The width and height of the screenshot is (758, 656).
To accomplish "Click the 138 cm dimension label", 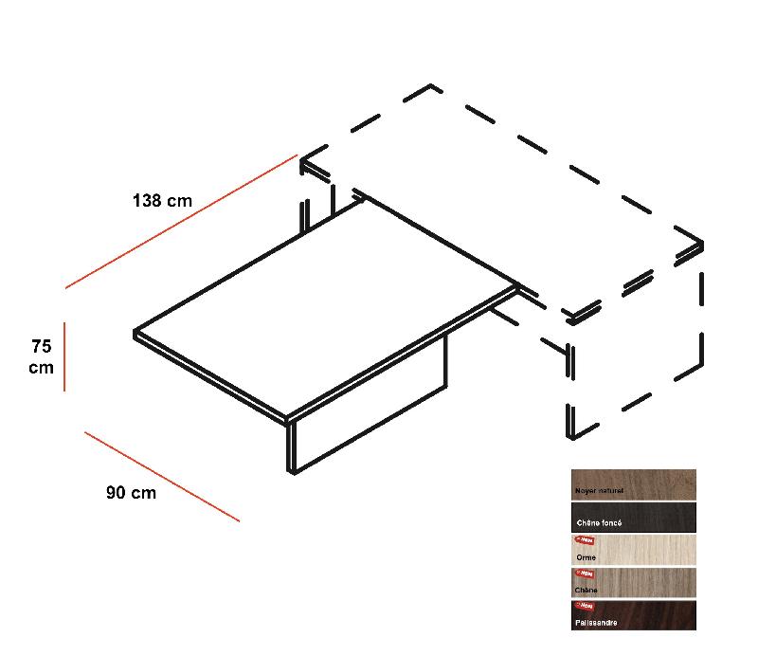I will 162,201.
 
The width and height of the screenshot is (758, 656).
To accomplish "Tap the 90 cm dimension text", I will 131,493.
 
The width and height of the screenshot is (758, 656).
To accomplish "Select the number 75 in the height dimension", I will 41,346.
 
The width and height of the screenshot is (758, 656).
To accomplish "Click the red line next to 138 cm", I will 180,221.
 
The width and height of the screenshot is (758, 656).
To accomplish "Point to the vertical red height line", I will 63,356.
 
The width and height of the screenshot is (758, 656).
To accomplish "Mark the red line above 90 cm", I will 161,476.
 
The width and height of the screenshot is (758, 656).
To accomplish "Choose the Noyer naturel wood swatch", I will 633,483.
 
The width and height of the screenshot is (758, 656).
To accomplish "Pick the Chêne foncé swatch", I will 633,517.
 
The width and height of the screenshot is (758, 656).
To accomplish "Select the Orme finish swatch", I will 633,550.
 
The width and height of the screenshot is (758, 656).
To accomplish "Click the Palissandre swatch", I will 633,615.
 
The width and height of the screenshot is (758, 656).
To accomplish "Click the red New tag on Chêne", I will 583,574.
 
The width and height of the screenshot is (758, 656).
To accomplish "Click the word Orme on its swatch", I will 586,557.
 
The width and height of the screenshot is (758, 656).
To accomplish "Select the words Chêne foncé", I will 599,523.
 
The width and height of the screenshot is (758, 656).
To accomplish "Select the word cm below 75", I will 41,368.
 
